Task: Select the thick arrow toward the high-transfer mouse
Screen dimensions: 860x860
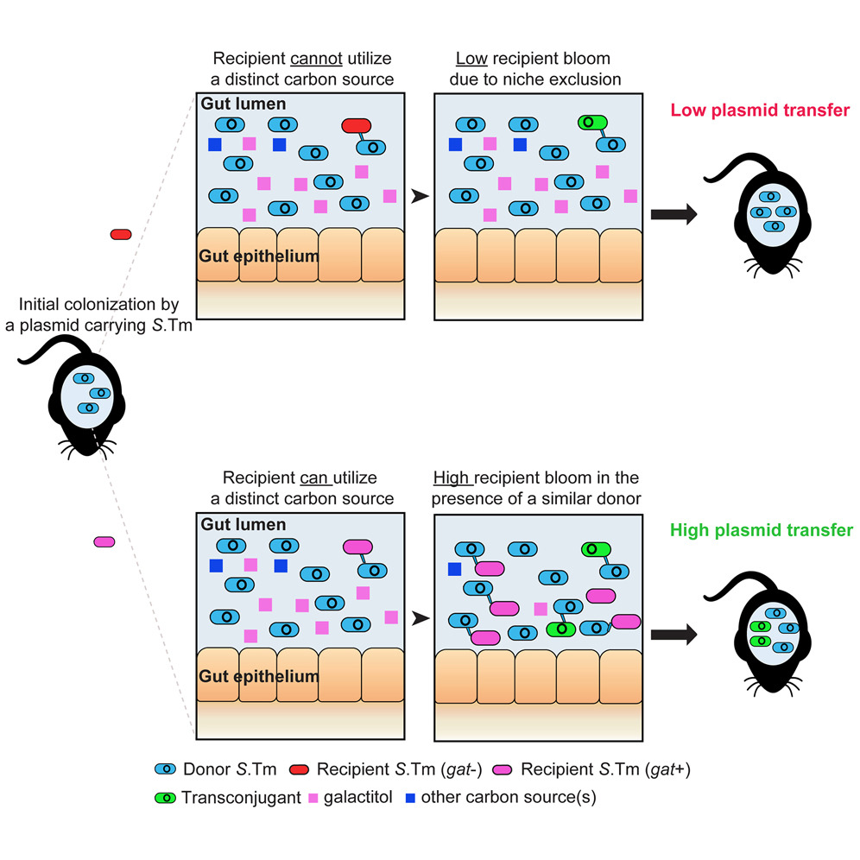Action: pyautogui.click(x=673, y=635)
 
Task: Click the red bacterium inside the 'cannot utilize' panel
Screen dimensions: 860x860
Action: pyautogui.click(x=357, y=126)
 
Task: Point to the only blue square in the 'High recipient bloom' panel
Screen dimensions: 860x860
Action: pyautogui.click(x=454, y=569)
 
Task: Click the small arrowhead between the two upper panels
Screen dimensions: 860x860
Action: pyautogui.click(x=420, y=197)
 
